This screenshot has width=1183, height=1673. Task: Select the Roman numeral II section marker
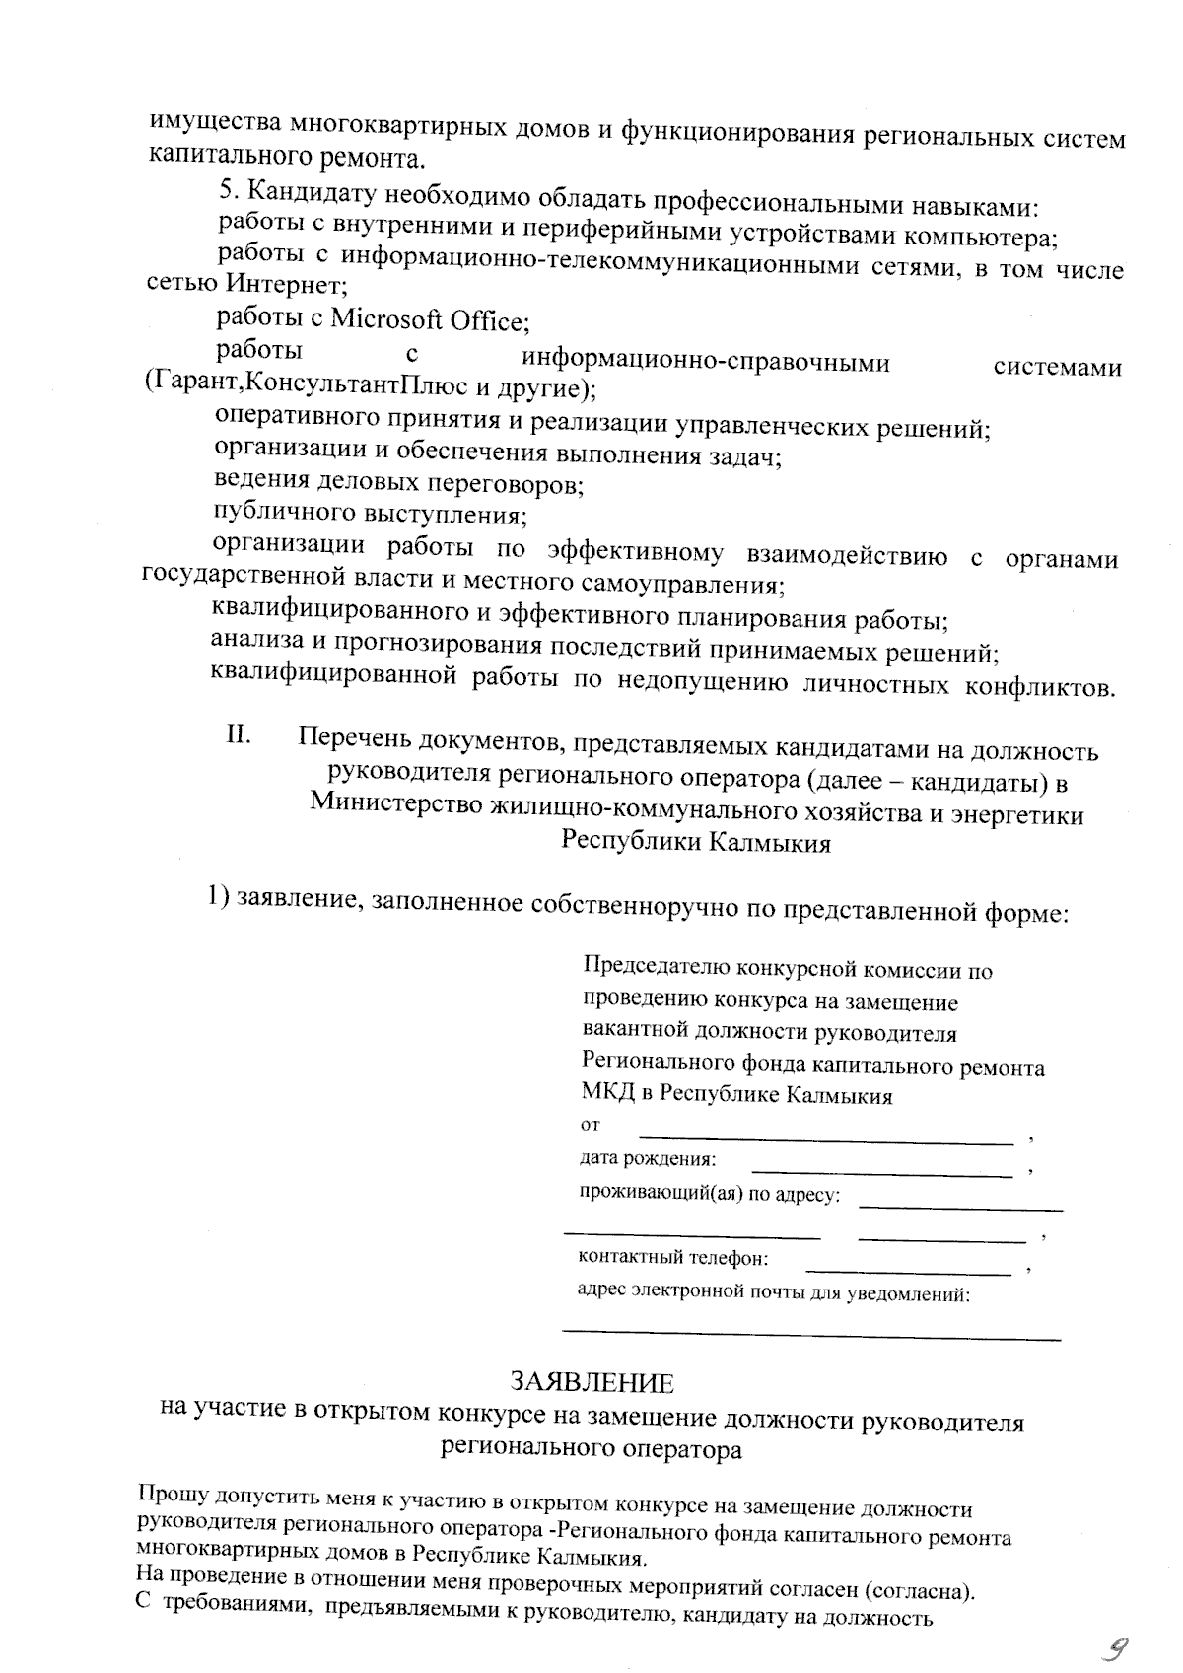(x=239, y=735)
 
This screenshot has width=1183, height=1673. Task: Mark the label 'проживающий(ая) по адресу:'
(x=710, y=1196)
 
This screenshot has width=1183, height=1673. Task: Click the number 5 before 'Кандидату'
(x=226, y=189)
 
